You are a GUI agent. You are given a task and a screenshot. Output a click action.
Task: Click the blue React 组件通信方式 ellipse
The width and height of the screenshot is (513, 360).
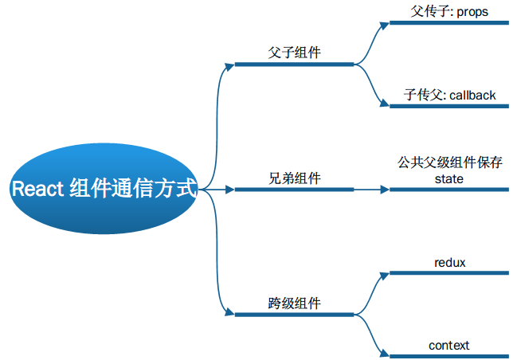tap(103, 190)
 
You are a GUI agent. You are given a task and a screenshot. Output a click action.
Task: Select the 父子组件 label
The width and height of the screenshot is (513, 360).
tap(295, 53)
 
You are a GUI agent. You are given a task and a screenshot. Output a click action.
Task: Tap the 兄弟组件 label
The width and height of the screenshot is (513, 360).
tap(295, 178)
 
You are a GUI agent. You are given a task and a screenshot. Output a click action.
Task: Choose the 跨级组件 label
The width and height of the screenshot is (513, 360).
tap(295, 303)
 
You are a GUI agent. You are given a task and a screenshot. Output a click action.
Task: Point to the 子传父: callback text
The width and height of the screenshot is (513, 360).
tap(449, 95)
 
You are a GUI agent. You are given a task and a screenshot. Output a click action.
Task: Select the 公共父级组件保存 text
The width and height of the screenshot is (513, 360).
tap(450, 162)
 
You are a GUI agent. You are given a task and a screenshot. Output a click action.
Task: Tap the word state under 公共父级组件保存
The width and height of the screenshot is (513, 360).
tap(449, 178)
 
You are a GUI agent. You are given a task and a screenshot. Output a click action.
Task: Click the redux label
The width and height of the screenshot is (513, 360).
tap(449, 262)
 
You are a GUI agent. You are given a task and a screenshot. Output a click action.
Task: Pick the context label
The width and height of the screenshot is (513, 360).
tap(449, 345)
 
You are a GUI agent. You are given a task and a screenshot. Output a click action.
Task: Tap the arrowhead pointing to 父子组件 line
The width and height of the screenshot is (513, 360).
tap(230, 65)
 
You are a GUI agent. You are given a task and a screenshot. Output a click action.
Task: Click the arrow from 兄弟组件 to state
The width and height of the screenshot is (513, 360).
tap(370, 190)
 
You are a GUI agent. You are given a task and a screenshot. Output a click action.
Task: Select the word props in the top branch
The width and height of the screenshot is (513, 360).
tap(472, 13)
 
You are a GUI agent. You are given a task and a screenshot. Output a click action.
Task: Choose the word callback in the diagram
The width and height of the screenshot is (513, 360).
tap(472, 95)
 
